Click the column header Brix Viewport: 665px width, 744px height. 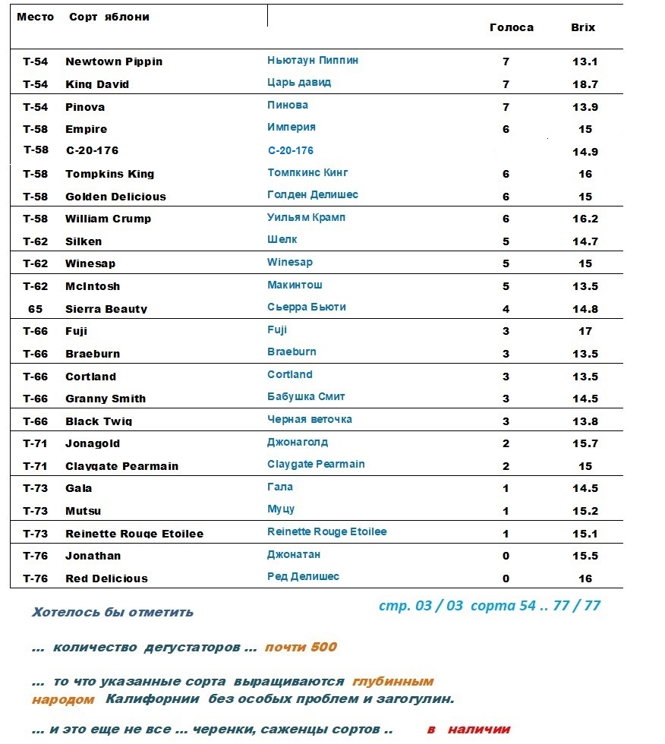click(583, 27)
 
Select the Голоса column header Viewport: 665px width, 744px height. click(512, 27)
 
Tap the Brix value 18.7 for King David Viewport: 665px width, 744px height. click(585, 84)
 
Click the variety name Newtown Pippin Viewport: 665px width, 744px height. click(114, 61)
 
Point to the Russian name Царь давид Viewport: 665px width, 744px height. click(299, 82)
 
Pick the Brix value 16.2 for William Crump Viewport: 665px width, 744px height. click(585, 219)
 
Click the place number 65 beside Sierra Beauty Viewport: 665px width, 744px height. click(35, 309)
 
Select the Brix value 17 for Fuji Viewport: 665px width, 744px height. click(585, 331)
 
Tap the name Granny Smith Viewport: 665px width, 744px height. click(106, 399)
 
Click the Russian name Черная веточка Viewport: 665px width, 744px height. click(310, 419)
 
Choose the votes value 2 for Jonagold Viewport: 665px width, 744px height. click(506, 443)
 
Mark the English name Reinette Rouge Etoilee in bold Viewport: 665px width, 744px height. click(134, 534)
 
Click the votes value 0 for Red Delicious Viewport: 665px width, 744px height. click(506, 578)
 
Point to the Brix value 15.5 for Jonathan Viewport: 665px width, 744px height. click(585, 556)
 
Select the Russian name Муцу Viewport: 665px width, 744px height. click(281, 509)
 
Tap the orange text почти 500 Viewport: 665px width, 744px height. click(301, 648)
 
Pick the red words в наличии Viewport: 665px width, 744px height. click(468, 730)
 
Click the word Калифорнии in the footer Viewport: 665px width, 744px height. click(146, 698)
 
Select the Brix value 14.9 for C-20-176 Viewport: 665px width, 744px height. click(585, 152)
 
